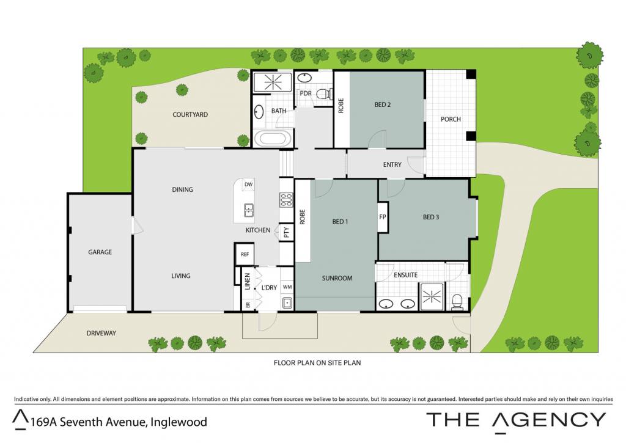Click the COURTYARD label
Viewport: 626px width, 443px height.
[190, 114]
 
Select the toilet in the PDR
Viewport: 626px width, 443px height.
[325, 93]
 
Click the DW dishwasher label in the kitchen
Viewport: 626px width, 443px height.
[248, 185]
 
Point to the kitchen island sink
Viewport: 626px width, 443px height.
[249, 210]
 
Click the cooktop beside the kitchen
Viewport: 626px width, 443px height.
[286, 200]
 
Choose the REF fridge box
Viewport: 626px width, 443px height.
[245, 254]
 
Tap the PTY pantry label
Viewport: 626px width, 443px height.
[286, 232]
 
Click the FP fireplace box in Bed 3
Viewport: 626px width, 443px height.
[383, 217]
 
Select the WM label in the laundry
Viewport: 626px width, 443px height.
[287, 287]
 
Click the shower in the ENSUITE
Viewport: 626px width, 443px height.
[431, 296]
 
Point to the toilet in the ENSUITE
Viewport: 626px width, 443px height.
[456, 301]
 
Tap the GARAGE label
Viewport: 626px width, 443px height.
[100, 252]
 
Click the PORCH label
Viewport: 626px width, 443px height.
[451, 119]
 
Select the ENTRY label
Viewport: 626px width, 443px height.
[392, 164]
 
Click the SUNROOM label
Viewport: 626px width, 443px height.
[337, 278]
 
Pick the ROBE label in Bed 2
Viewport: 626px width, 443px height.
[341, 106]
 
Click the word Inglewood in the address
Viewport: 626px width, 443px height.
[179, 422]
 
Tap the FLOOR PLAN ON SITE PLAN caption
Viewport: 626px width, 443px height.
[317, 363]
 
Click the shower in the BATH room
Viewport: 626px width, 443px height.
[273, 82]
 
